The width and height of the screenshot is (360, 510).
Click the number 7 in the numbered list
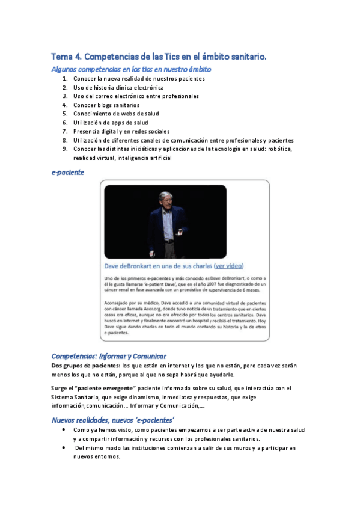tap(64, 131)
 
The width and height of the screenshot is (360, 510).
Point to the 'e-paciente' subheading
tap(67, 172)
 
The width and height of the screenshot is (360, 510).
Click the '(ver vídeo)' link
tap(230, 265)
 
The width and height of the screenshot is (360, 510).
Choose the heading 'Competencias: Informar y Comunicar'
tap(109, 356)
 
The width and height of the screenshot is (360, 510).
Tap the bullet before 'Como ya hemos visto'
tap(64, 431)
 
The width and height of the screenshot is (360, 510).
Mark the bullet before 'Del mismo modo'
tap(64, 448)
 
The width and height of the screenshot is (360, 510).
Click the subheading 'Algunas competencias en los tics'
tap(131, 69)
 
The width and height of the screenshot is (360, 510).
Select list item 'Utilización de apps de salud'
tap(111, 122)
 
